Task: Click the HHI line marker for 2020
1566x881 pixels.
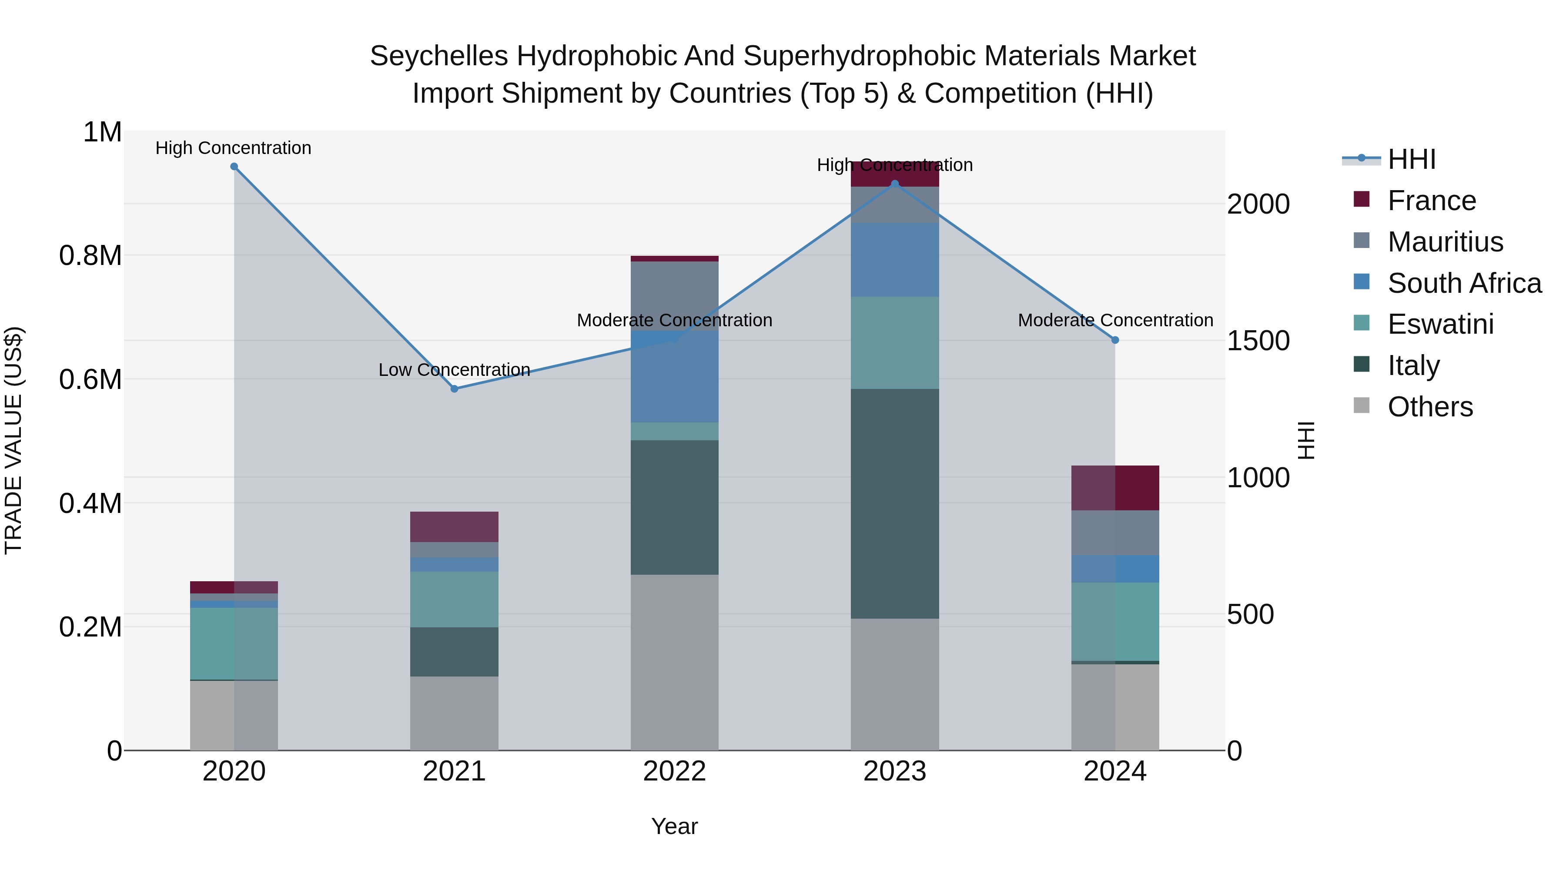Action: click(234, 167)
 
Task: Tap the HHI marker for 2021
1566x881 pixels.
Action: click(454, 389)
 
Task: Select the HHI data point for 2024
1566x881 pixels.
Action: click(1115, 340)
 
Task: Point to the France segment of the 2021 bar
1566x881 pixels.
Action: click(454, 526)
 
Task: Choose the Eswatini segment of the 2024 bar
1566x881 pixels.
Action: click(1115, 621)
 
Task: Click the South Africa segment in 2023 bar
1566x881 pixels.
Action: click(894, 260)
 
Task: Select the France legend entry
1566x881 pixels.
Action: click(1431, 201)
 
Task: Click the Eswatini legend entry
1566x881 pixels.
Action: click(1440, 324)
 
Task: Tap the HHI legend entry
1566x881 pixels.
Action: click(1411, 159)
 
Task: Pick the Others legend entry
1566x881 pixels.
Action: click(1430, 407)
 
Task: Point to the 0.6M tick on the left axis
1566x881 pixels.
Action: click(90, 379)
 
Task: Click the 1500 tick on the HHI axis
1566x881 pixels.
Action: click(1258, 341)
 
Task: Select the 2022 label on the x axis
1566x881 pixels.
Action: click(674, 771)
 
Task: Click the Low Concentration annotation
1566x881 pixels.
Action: click(454, 370)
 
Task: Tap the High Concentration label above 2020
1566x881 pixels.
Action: click(234, 148)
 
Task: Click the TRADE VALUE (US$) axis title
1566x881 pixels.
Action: click(13, 440)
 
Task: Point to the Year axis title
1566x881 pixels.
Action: click(674, 826)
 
